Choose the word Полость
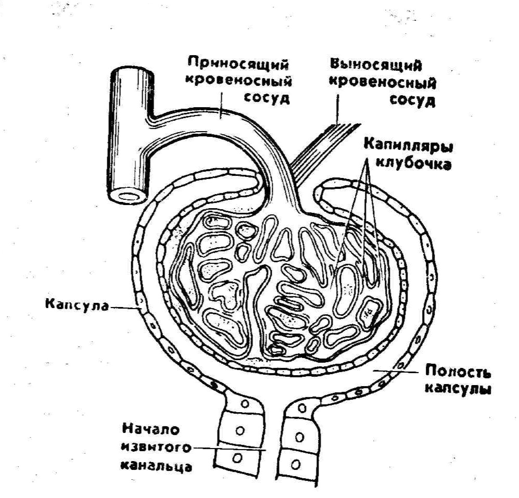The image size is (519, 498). [x=458, y=372]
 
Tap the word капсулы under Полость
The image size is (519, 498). [x=459, y=389]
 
